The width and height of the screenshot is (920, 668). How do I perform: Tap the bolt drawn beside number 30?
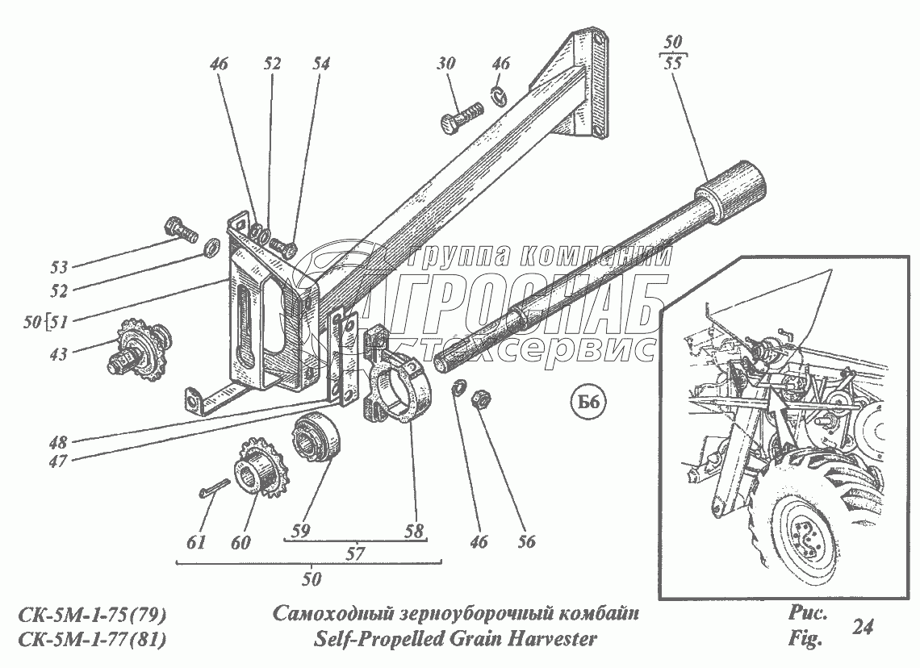pyautogui.click(x=459, y=117)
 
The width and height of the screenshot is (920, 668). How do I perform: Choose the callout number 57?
pyautogui.click(x=355, y=553)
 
